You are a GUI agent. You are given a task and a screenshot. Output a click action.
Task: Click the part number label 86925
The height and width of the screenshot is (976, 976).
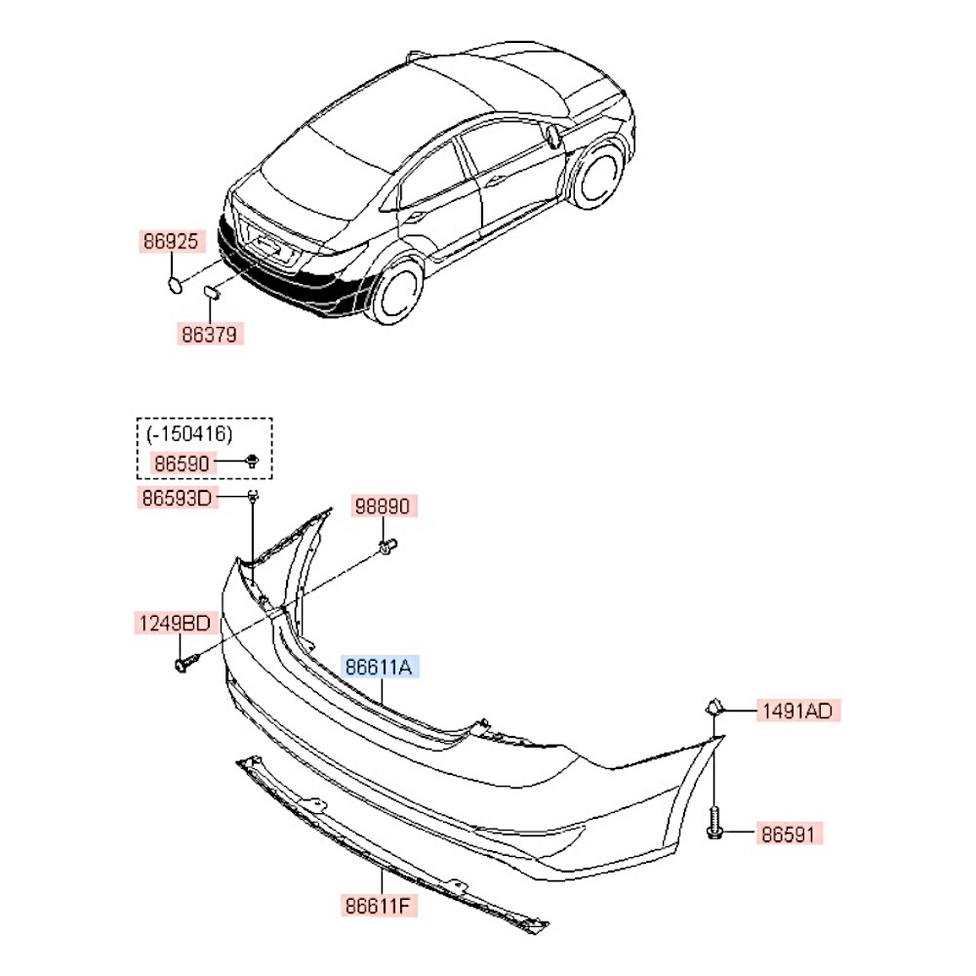171,241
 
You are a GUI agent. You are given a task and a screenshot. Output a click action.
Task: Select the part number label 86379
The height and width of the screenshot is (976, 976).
210,334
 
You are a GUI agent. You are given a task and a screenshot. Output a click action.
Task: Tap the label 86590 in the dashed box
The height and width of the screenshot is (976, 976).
182,464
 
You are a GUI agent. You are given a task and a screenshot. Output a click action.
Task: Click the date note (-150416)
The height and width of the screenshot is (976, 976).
189,434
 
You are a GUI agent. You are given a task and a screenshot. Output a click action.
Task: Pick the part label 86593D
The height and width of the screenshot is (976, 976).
178,498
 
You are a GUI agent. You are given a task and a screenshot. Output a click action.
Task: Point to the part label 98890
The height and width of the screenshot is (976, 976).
383,506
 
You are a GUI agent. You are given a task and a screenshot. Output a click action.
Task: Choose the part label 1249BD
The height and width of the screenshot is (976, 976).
176,623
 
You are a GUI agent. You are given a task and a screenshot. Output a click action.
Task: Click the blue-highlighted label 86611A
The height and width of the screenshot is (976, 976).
379,668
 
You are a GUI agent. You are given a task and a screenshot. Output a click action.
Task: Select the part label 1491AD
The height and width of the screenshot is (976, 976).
798,711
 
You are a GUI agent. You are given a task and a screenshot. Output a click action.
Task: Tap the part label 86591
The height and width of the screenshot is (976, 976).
789,834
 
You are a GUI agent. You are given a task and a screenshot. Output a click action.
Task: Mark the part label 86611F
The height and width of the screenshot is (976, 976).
379,905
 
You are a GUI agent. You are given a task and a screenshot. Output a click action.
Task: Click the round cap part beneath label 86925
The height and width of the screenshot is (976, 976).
175,286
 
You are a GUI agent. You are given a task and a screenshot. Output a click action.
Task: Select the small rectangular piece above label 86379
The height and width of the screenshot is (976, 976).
212,291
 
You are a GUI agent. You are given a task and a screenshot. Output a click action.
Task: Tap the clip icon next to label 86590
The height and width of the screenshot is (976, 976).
252,462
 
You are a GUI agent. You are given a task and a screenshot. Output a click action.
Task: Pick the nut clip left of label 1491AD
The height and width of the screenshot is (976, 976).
714,707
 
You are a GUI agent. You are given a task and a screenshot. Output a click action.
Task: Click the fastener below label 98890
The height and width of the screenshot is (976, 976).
387,547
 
